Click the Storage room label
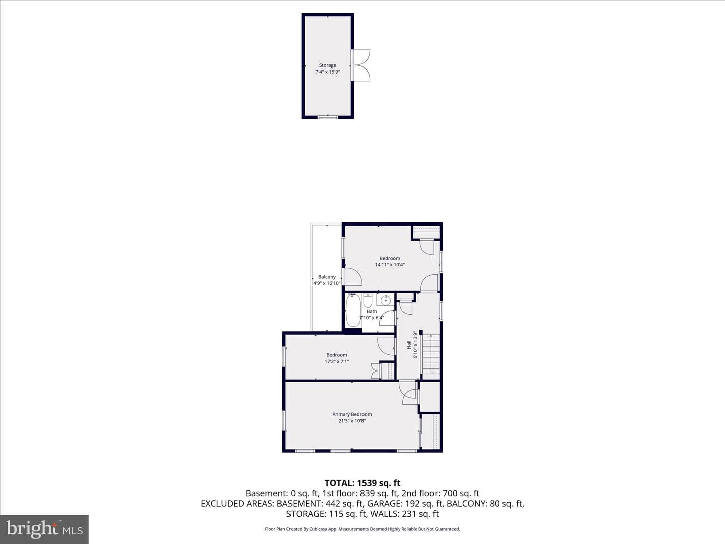[x=327, y=65]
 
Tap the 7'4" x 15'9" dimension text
[x=327, y=72]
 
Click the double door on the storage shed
[x=360, y=65]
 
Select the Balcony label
[x=327, y=277]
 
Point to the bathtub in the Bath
[x=353, y=310]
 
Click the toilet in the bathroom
[x=368, y=300]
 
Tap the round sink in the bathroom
[x=385, y=300]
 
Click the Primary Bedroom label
[x=352, y=414]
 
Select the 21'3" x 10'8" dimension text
[x=352, y=421]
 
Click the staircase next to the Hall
[x=430, y=357]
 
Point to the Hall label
[x=409, y=345]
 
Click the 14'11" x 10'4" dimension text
[x=389, y=264]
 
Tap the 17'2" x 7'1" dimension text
[x=337, y=361]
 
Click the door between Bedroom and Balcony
[x=352, y=277]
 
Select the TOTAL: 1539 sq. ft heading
[x=362, y=483]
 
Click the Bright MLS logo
[x=44, y=529]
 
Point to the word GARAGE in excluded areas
[x=383, y=503]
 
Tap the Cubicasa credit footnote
[x=362, y=529]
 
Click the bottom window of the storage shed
[x=328, y=117]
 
